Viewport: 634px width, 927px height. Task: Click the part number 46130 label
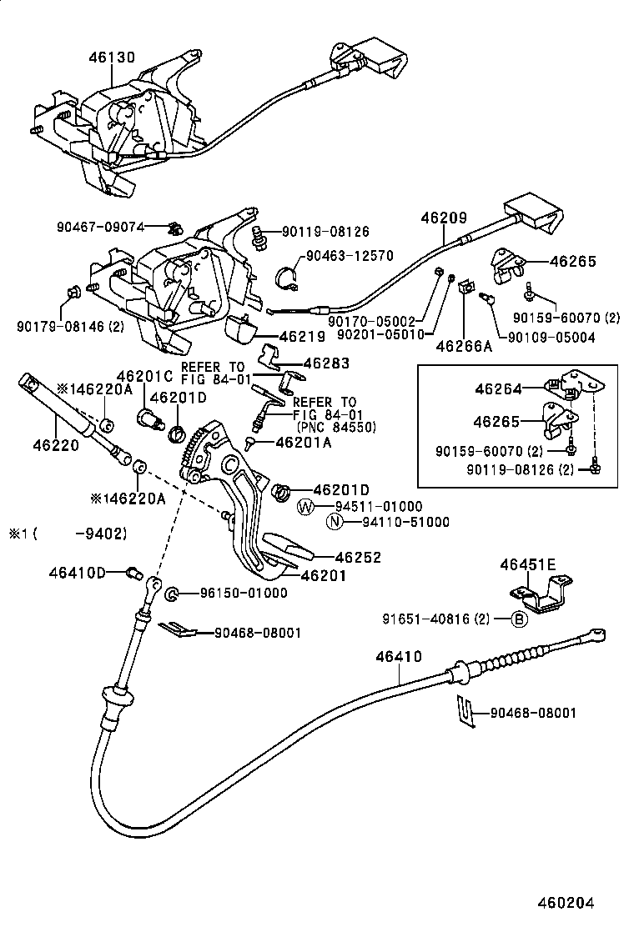coord(111,57)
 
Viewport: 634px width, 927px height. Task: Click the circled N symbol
coord(335,523)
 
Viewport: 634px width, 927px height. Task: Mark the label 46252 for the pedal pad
coord(358,557)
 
